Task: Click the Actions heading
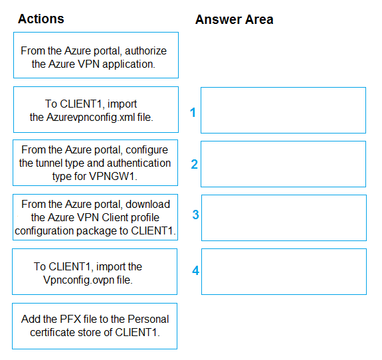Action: click(41, 19)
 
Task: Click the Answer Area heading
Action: click(234, 19)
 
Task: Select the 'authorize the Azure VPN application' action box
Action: click(96, 55)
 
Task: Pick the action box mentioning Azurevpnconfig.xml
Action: click(96, 110)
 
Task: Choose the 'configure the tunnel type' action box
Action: click(95, 163)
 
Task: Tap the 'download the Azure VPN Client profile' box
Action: click(95, 217)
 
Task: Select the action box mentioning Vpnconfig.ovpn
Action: click(95, 272)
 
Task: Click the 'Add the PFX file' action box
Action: click(95, 326)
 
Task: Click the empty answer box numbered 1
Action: click(283, 110)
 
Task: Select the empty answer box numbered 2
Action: click(283, 164)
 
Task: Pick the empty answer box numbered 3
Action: click(284, 218)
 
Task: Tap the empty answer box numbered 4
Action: click(284, 272)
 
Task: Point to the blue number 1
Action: click(193, 112)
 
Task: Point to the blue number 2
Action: click(194, 164)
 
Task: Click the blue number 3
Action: click(195, 215)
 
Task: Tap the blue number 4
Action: click(195, 270)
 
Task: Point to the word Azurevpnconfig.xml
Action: click(90, 118)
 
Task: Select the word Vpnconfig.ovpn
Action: click(78, 280)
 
